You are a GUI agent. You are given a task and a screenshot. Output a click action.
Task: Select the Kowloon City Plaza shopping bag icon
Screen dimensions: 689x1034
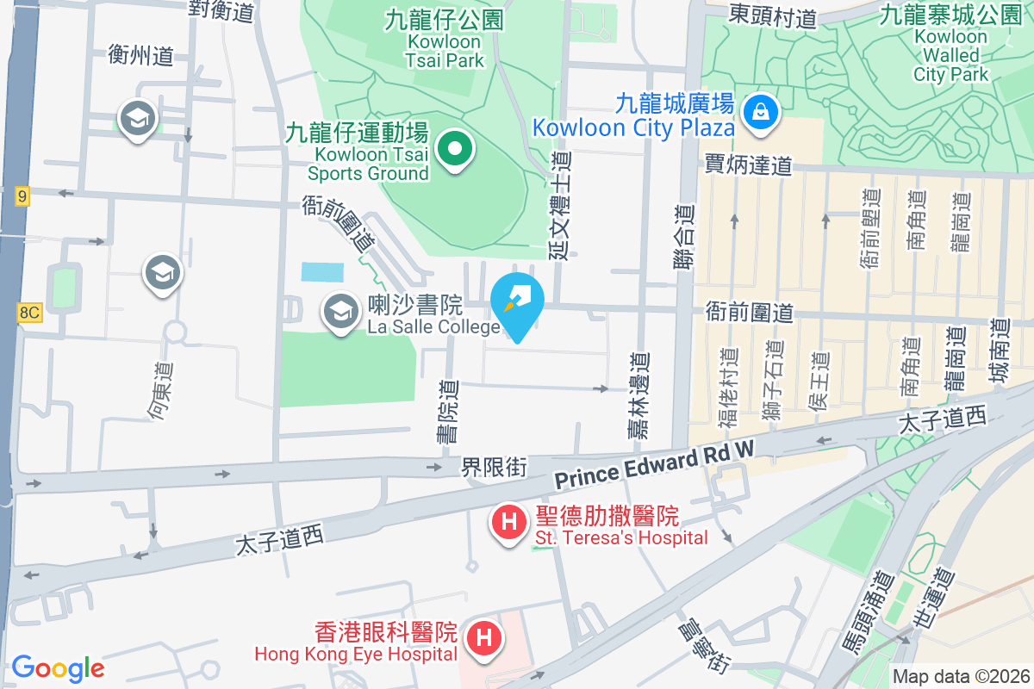[x=761, y=111]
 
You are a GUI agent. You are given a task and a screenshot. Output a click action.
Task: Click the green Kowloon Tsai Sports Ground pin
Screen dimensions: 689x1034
[x=454, y=150]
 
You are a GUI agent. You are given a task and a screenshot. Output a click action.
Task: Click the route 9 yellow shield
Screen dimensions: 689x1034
[x=22, y=196]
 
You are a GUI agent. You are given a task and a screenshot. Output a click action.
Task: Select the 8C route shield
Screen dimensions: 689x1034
[x=28, y=312]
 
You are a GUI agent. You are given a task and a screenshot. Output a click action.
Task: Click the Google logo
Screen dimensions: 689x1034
[x=58, y=668]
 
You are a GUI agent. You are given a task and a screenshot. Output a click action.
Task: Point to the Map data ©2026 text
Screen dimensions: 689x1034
[x=961, y=677]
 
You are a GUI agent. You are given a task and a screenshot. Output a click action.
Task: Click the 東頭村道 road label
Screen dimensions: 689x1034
[x=772, y=15]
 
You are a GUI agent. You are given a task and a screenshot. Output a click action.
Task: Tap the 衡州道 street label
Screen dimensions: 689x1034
[x=141, y=56]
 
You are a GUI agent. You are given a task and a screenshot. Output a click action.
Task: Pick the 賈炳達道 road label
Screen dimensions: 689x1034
[x=748, y=164]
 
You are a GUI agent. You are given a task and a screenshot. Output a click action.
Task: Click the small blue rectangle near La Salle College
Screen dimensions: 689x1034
[x=322, y=272]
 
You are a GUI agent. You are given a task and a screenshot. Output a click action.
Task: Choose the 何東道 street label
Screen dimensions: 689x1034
[x=160, y=391]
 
